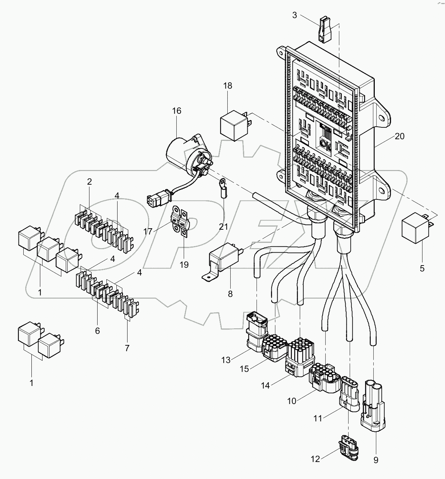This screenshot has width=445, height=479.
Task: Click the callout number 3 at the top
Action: (294, 15)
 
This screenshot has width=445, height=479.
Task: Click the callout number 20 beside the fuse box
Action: (399, 136)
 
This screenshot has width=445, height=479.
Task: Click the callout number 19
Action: (184, 264)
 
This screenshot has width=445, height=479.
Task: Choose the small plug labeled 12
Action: (347, 448)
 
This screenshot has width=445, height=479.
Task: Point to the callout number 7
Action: (127, 348)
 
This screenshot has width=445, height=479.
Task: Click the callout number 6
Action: (98, 331)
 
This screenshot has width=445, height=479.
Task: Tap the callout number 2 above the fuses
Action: (89, 182)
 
